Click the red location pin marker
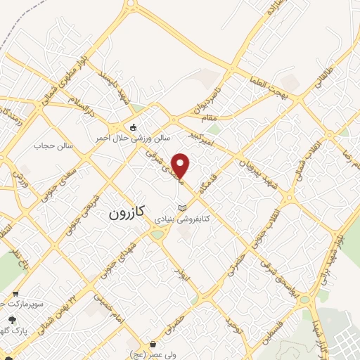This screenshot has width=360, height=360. (181, 166)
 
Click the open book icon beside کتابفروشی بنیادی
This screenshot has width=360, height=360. (182, 208)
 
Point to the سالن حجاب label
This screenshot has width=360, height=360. (49, 146)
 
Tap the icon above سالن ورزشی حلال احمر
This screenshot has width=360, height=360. (134, 127)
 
